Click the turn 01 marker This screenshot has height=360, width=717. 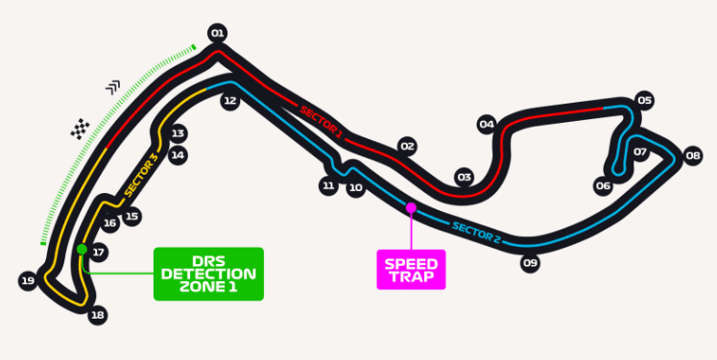point(217,34)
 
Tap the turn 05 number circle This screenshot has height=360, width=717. point(644,100)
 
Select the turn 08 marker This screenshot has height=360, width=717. point(693,155)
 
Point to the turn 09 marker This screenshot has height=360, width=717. point(530,262)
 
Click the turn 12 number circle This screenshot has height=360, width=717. point(229,100)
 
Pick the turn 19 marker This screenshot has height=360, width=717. point(27,280)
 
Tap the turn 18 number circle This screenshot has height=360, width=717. point(97,314)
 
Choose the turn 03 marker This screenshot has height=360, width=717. point(465,177)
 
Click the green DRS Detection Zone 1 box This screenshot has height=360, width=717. point(208,274)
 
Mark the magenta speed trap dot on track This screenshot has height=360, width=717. point(411,207)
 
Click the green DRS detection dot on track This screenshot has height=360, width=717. point(82,250)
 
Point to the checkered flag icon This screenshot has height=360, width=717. point(81,128)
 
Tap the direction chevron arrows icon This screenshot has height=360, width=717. point(114,87)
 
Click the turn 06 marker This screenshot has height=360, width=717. point(603,186)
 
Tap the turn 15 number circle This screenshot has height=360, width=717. point(131,216)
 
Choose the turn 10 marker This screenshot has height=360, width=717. point(356,188)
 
